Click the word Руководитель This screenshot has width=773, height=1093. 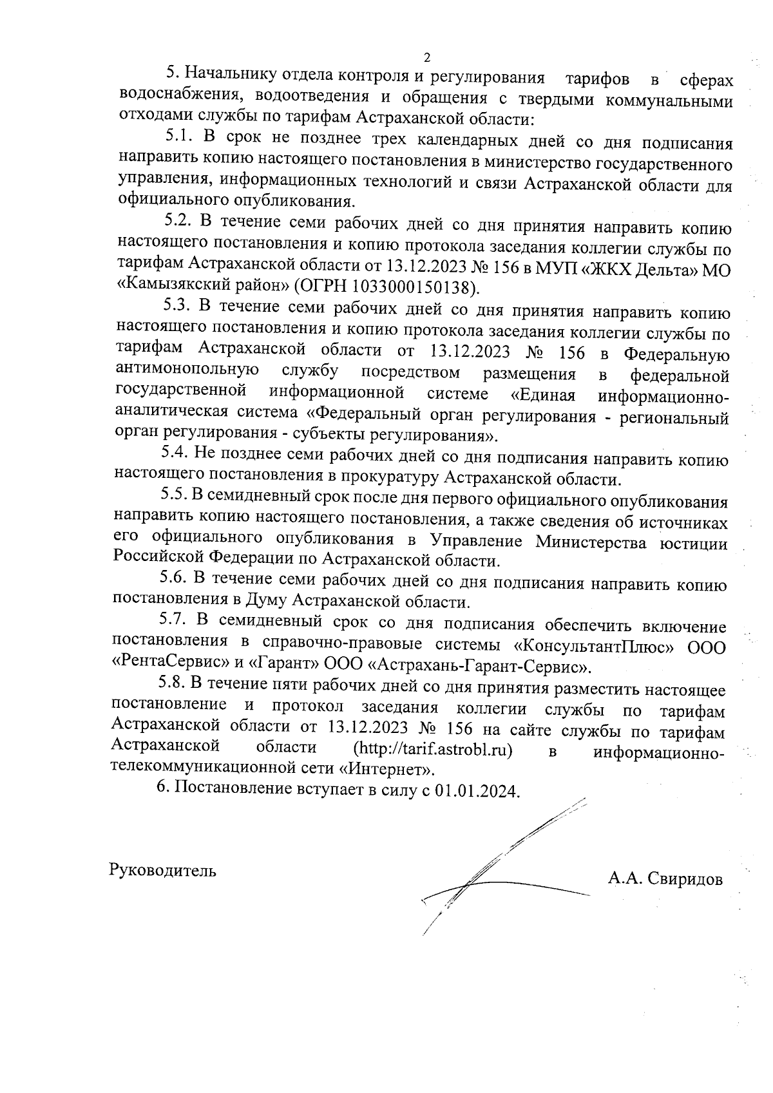(x=163, y=871)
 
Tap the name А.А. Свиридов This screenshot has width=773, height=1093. (x=665, y=879)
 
